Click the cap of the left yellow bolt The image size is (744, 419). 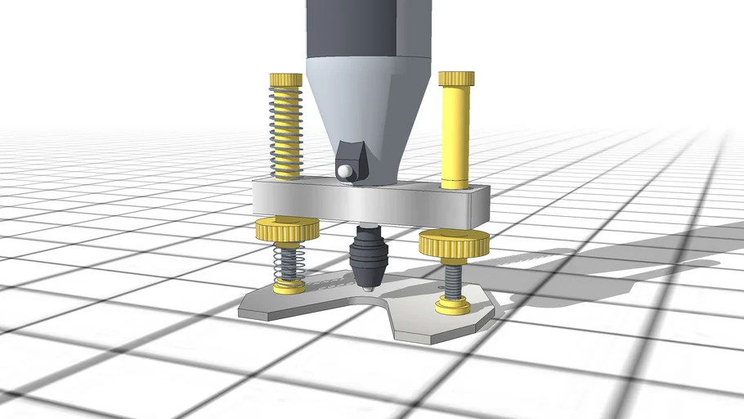click(286, 79)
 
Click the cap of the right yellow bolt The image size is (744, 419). click(456, 78)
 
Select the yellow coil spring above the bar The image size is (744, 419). click(286, 131)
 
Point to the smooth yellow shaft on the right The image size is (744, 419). click(455, 135)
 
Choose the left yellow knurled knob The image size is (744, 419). click(286, 230)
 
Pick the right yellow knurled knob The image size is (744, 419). click(454, 242)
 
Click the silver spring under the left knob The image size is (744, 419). click(287, 262)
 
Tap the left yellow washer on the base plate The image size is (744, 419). click(289, 286)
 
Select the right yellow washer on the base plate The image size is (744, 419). click(453, 306)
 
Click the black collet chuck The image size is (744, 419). click(367, 258)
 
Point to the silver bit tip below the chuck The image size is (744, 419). click(369, 288)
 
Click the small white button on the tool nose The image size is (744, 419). click(347, 171)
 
